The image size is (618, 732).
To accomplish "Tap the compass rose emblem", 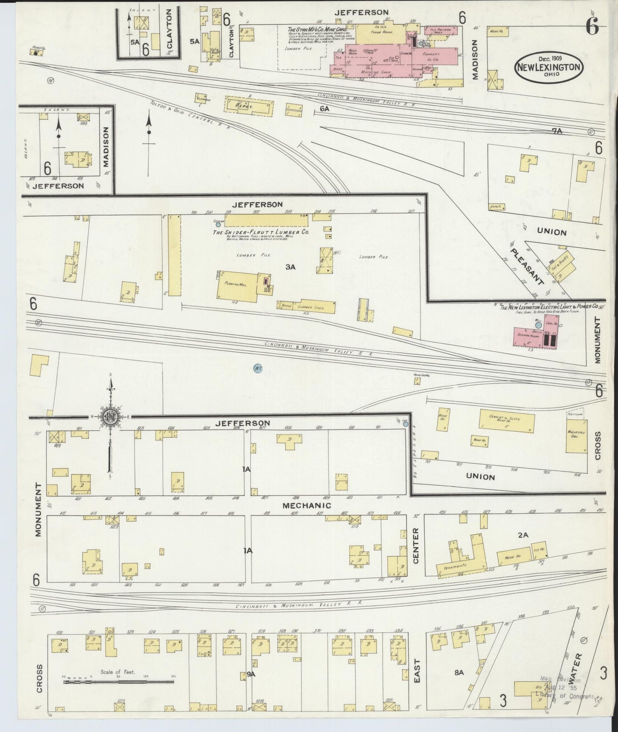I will click(110, 417).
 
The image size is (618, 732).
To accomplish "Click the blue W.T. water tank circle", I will click(257, 368).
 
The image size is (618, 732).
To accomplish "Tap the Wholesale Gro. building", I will click(576, 436).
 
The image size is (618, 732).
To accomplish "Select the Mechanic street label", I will click(307, 506).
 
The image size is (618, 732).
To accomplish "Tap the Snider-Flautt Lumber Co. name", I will click(261, 232).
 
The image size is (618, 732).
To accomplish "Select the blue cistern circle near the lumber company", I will click(219, 224).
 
